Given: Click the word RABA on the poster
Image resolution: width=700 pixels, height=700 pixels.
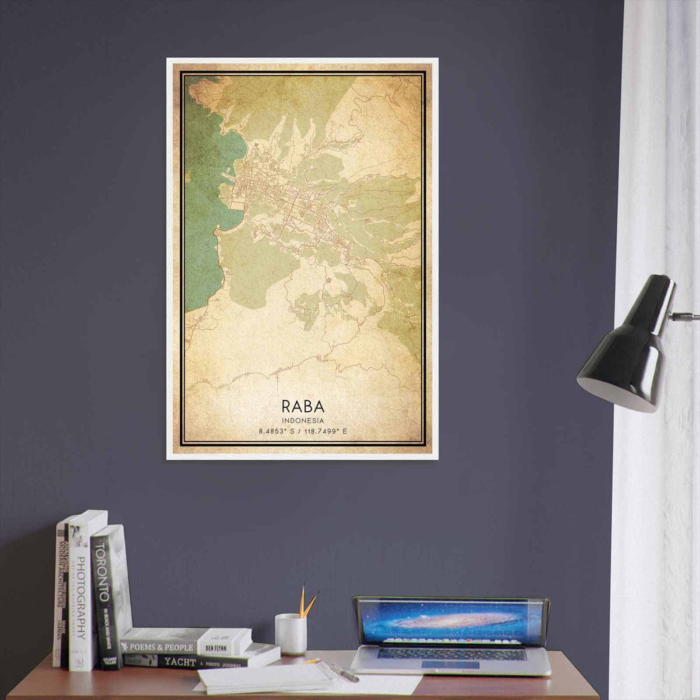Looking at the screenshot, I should [x=303, y=406].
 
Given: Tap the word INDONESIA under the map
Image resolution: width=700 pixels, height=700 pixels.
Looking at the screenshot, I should [x=303, y=420].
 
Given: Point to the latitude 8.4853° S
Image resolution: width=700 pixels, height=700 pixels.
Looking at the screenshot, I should [x=277, y=431].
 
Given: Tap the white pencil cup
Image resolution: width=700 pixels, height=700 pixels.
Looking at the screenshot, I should [x=290, y=634].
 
